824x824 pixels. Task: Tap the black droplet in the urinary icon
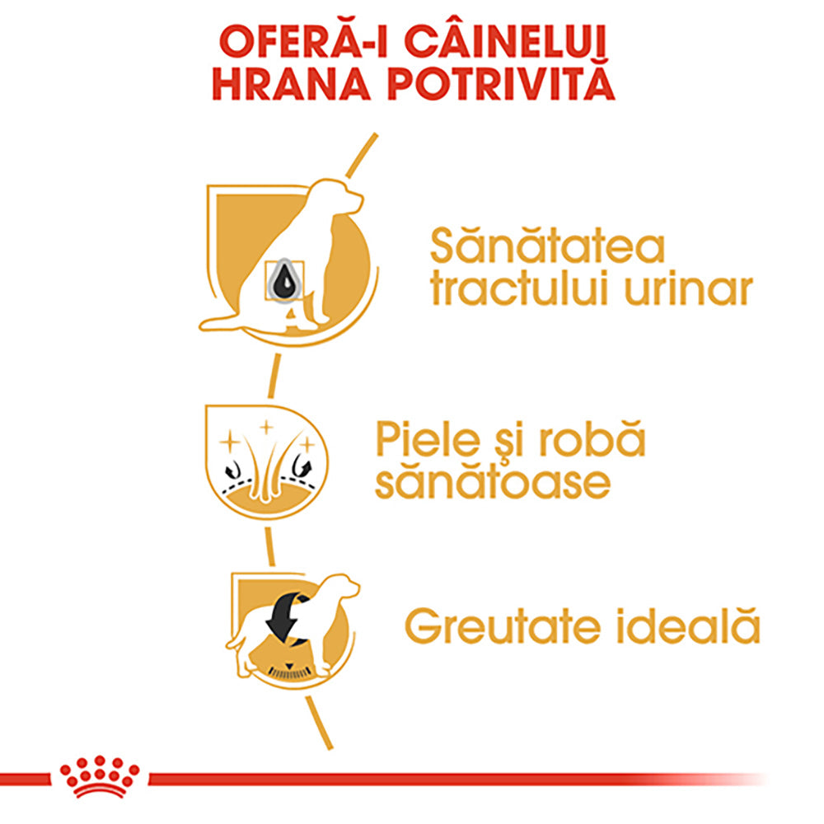point(284,281)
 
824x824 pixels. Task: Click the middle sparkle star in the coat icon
point(266,428)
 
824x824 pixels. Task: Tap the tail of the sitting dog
point(222,324)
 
